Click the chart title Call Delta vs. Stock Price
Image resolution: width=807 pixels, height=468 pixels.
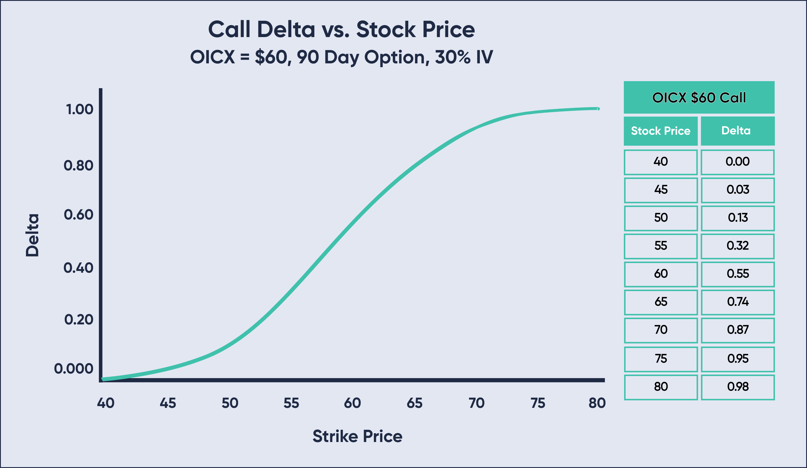341,29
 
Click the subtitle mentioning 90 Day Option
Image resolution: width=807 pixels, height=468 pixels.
341,57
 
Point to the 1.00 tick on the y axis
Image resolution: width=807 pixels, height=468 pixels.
79,109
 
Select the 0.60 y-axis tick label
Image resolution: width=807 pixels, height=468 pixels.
78,215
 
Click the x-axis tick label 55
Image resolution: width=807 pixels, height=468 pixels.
291,403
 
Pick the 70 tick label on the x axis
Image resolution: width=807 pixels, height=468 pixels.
477,403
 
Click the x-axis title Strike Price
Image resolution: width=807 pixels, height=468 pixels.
357,436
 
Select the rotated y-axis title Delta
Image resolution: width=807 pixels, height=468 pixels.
32,235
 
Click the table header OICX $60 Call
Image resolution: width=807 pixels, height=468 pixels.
699,98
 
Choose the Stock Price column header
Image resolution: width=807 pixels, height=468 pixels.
660,131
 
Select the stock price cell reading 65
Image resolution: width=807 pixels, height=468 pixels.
661,302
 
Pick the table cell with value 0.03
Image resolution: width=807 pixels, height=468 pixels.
738,190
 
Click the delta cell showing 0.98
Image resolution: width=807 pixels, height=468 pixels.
738,387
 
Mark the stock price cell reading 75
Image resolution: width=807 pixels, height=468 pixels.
661,359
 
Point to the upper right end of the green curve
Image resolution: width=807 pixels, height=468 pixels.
598,109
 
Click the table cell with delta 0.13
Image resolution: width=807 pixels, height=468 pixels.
738,218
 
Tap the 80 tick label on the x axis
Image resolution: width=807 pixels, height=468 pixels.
597,403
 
